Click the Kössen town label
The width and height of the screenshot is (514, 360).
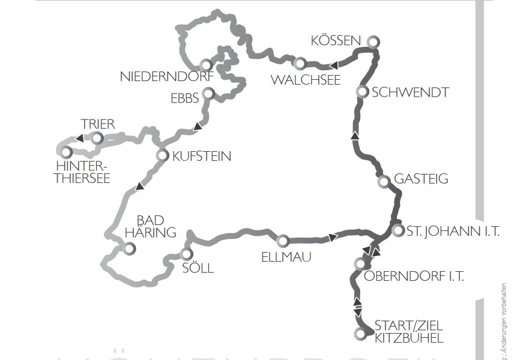pyautogui.click(x=336, y=41)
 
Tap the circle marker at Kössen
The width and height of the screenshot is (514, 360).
pyautogui.click(x=373, y=41)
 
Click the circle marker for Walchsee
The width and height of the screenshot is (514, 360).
pyautogui.click(x=298, y=63)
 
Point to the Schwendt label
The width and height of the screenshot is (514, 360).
pyautogui.click(x=411, y=92)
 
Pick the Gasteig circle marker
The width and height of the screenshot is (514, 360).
pyautogui.click(x=383, y=181)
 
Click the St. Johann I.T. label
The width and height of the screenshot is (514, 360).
pyautogui.click(x=453, y=231)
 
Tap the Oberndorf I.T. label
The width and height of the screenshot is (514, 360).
pyautogui.click(x=414, y=276)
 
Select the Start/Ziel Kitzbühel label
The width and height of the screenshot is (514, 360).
pyautogui.click(x=408, y=332)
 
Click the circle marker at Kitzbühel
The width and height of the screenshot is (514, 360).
pyautogui.click(x=360, y=333)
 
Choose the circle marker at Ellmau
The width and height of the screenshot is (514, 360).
pyautogui.click(x=283, y=241)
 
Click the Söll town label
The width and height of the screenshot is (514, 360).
pyautogui.click(x=198, y=268)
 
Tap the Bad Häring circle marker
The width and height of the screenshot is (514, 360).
pyautogui.click(x=128, y=248)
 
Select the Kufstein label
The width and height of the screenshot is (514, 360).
pyautogui.click(x=201, y=156)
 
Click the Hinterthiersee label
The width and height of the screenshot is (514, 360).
pyautogui.click(x=82, y=172)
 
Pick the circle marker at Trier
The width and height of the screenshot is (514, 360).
pyautogui.click(x=97, y=139)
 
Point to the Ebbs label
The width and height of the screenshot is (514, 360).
pyautogui.click(x=184, y=98)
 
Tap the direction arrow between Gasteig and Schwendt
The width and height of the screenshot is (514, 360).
pyautogui.click(x=354, y=137)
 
